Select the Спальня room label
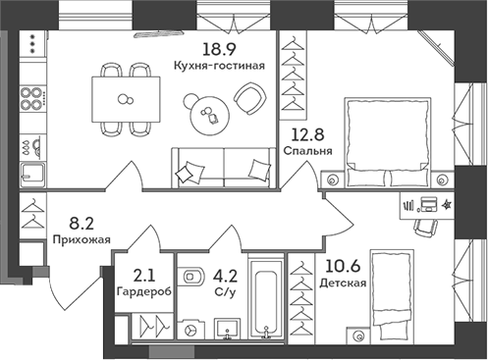click(306, 153)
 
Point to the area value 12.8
click(305, 138)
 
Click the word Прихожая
click(81, 238)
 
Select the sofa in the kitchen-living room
click(222, 167)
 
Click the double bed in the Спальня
click(388, 138)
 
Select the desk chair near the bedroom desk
click(424, 226)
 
